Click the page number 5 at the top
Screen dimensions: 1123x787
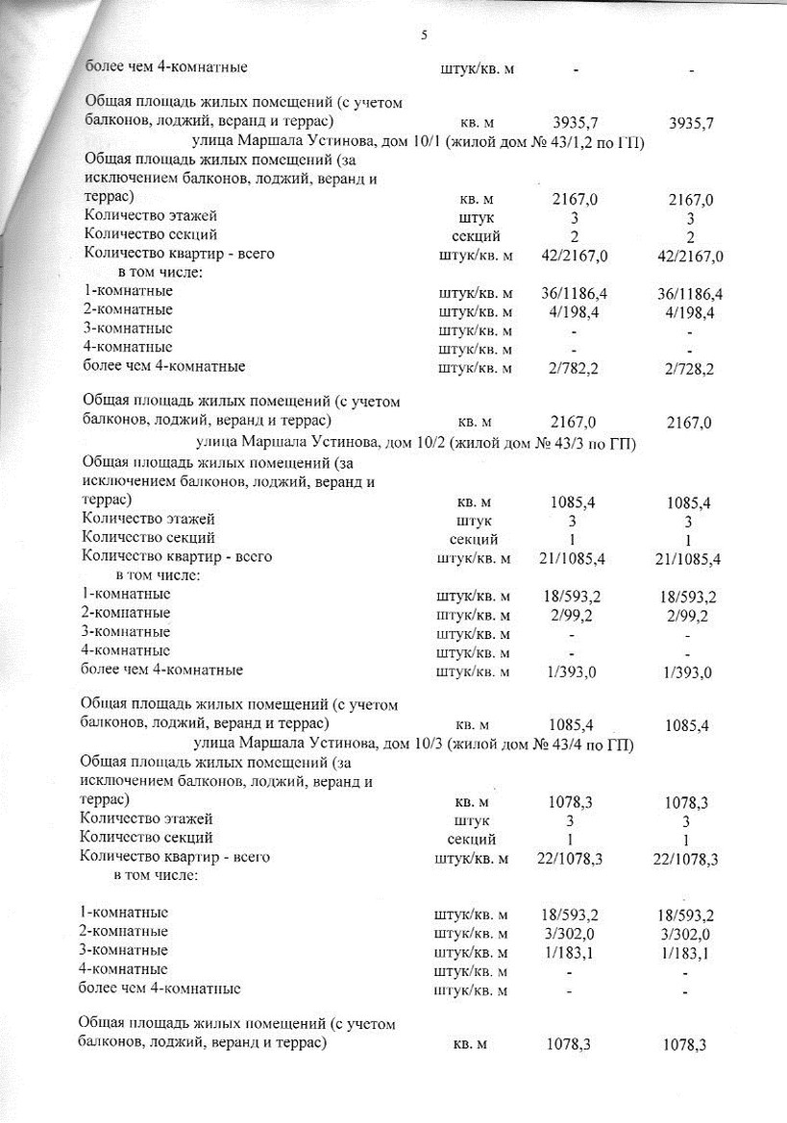click(x=424, y=36)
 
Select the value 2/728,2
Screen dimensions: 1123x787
click(x=687, y=367)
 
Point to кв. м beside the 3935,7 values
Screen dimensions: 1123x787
click(x=477, y=124)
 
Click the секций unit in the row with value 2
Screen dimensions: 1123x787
click(x=475, y=235)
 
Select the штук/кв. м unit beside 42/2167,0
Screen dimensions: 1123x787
click(x=476, y=256)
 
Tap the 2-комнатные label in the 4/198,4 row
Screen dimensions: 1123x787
click(x=129, y=309)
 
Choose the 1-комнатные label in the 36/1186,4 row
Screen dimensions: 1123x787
click(x=129, y=291)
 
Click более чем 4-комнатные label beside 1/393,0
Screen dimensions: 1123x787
click(x=161, y=670)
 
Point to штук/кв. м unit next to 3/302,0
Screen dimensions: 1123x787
click(x=473, y=933)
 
